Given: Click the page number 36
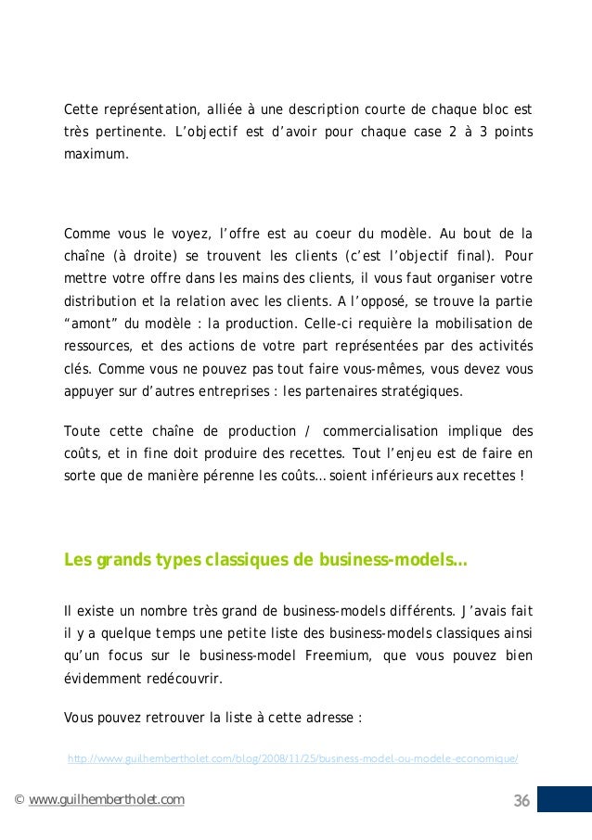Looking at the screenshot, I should [x=521, y=801].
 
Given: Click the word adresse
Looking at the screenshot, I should [x=329, y=717].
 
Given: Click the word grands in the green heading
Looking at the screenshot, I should [x=117, y=560].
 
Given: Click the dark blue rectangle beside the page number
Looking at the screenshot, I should [x=564, y=800].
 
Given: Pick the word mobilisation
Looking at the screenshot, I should [x=479, y=324].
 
